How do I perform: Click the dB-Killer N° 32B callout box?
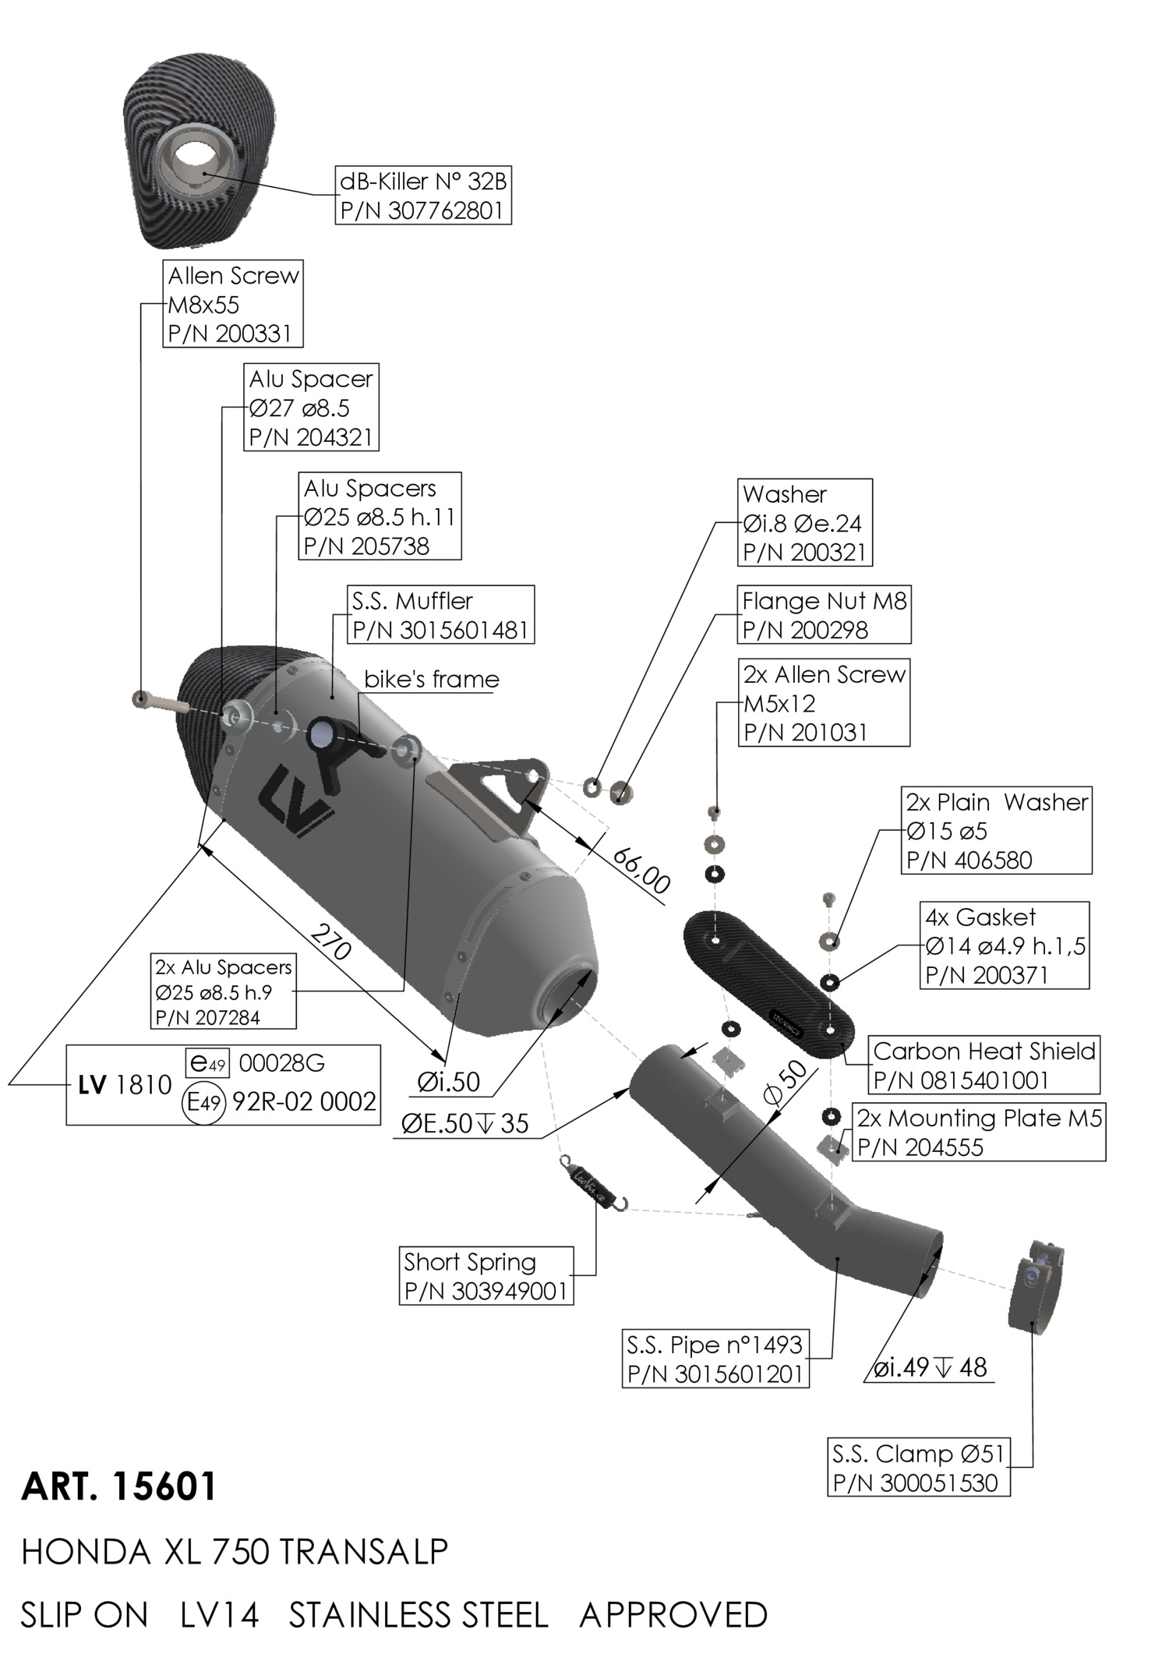point(423,196)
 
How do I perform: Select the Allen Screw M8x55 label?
point(233,304)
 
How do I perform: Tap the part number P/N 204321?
point(311,437)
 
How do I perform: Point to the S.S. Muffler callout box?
point(440,614)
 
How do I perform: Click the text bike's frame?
point(432,679)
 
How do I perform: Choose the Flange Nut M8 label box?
point(824,615)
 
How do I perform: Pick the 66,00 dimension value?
point(641,869)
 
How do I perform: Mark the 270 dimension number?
point(330,942)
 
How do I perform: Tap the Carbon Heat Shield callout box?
point(984,1065)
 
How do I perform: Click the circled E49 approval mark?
point(203,1102)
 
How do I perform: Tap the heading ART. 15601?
point(118,1486)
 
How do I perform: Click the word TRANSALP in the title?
point(362,1551)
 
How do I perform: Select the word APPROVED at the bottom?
point(673,1614)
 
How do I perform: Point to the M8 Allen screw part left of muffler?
point(160,702)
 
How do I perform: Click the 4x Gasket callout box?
point(1005,945)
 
